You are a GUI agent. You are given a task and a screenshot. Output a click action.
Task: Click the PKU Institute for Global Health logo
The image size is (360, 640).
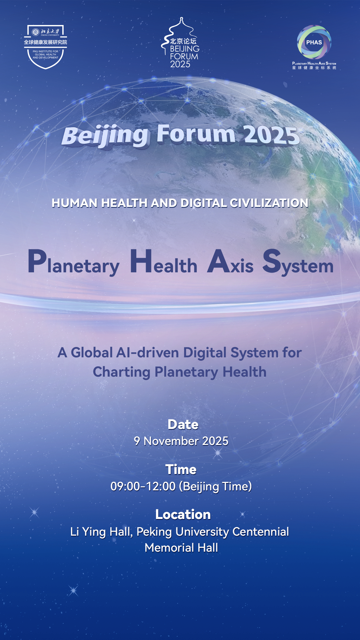(x=45, y=47)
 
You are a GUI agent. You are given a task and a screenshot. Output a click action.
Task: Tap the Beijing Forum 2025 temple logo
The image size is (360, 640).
(x=180, y=43)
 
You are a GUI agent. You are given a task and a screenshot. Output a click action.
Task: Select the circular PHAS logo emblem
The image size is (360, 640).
(x=314, y=42)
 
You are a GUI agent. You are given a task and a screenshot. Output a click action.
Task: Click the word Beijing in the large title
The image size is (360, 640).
(x=105, y=136)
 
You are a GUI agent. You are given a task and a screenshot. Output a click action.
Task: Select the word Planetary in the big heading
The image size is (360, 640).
(x=74, y=263)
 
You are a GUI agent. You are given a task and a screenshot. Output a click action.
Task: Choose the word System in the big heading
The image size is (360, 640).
(x=298, y=263)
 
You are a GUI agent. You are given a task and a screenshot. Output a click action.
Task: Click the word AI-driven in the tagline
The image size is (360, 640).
(x=147, y=353)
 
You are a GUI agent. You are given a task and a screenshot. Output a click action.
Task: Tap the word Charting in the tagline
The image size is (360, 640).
(x=122, y=372)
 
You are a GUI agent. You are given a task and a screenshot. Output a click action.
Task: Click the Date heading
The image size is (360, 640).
(x=183, y=424)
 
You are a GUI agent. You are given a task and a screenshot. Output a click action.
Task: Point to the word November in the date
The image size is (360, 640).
(x=171, y=441)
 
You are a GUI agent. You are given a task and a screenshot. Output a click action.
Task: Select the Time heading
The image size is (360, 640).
(x=181, y=469)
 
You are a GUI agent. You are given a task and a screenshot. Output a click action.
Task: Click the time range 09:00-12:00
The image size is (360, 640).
(x=143, y=486)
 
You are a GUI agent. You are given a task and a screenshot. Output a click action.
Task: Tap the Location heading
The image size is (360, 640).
(x=183, y=514)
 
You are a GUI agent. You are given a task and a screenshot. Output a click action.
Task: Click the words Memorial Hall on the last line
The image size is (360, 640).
(x=181, y=548)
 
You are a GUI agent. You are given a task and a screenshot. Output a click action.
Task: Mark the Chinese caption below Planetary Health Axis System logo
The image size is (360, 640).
(x=314, y=68)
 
